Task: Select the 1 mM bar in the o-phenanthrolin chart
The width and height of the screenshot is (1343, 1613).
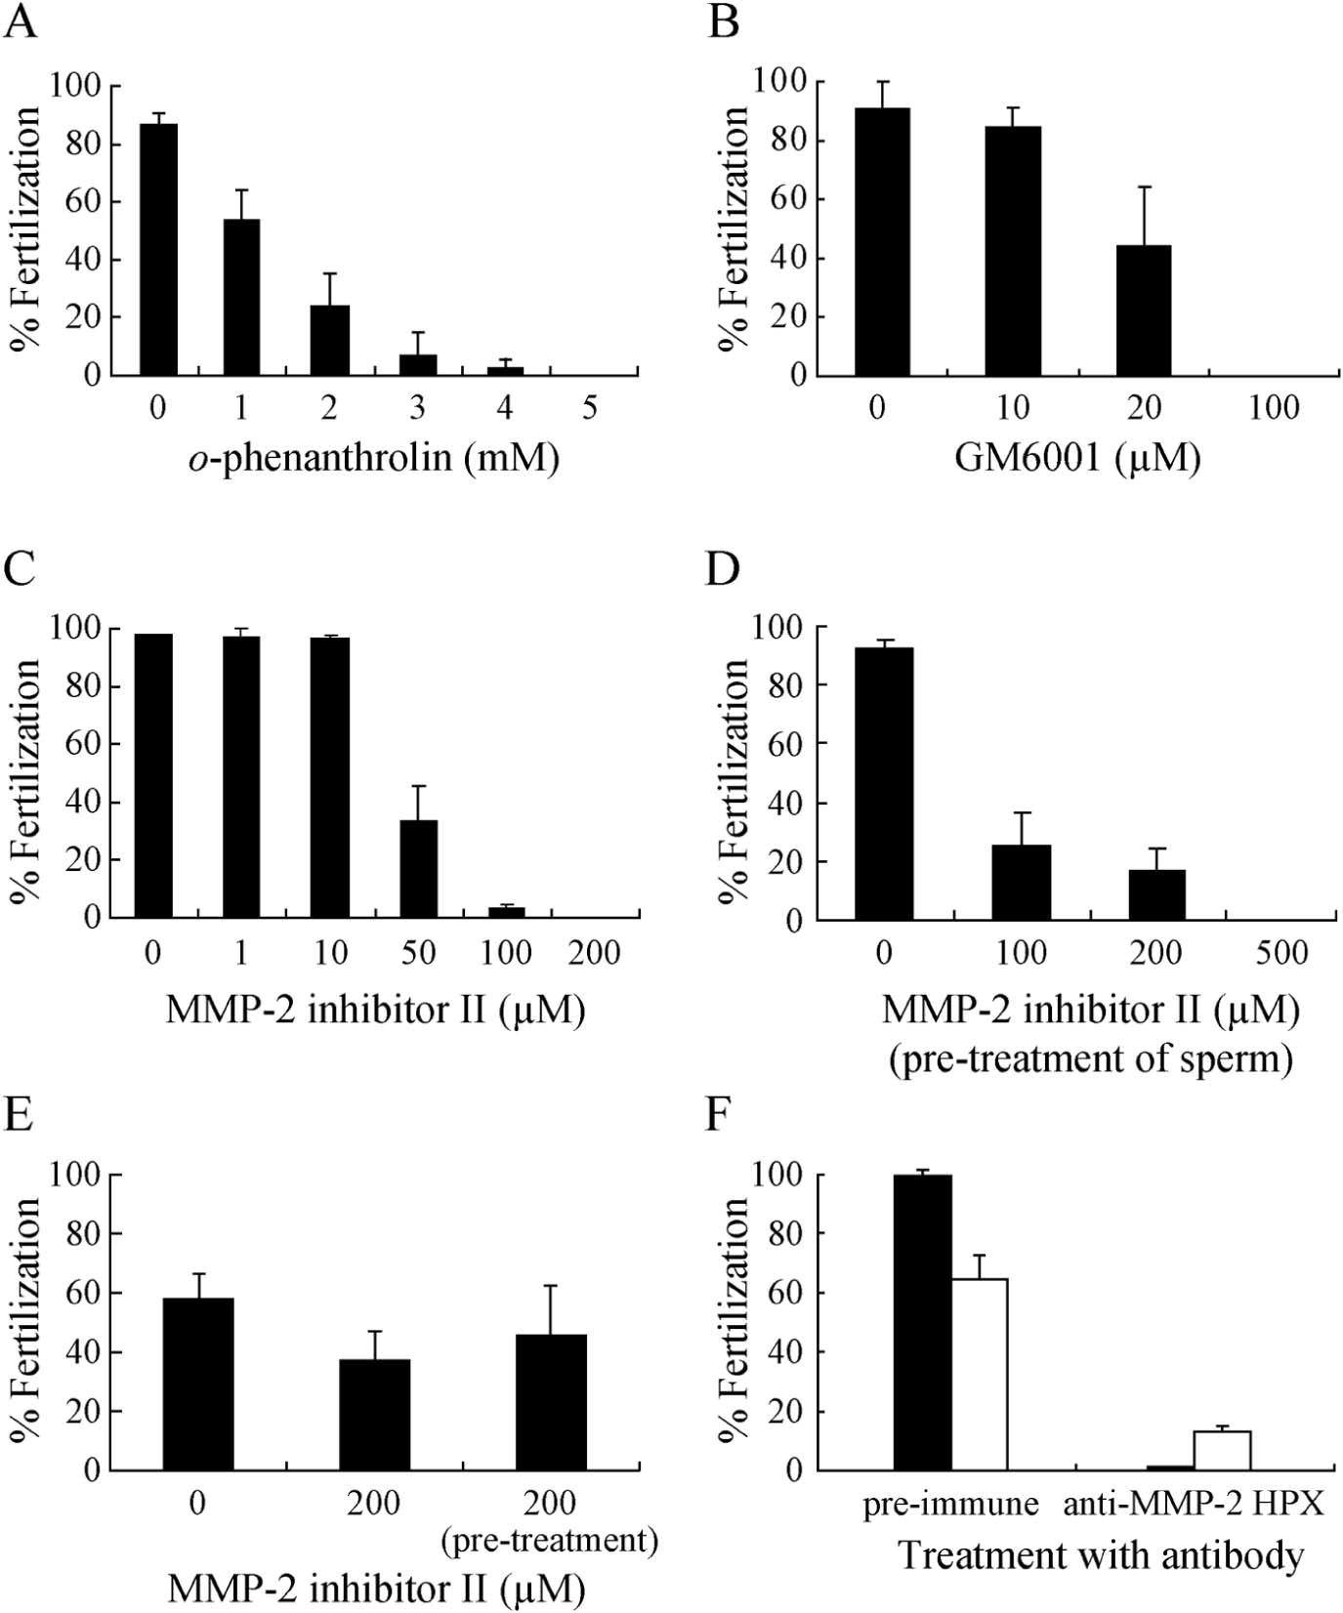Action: click(241, 298)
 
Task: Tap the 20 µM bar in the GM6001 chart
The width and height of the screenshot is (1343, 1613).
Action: click(1143, 310)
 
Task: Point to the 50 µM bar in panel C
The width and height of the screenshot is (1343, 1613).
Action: click(418, 869)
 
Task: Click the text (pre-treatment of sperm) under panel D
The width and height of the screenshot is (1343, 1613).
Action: click(1091, 1057)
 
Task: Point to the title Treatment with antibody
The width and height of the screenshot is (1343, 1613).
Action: click(1101, 1554)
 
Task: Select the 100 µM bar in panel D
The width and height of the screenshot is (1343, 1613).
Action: click(1022, 883)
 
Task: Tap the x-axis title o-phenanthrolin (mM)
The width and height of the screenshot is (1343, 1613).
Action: click(374, 456)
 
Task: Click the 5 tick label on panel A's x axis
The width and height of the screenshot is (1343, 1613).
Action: click(590, 407)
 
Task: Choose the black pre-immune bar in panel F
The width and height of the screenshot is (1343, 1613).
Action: click(922, 1322)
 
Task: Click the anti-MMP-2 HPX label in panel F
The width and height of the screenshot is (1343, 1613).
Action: click(1194, 1503)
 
